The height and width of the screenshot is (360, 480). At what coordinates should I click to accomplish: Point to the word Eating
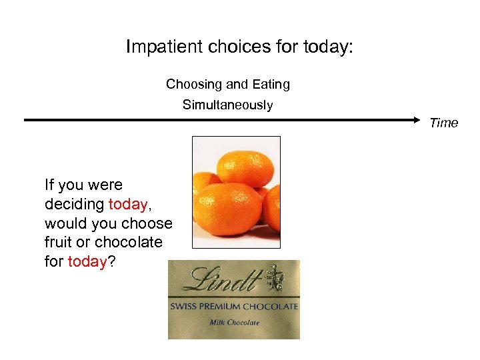tap(271, 85)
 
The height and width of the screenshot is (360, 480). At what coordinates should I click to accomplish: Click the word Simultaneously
tap(228, 105)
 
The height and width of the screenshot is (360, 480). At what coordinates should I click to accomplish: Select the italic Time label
tap(444, 123)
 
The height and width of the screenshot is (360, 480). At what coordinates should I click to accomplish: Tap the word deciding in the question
tap(74, 204)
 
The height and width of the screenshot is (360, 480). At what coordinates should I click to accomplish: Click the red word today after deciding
tap(127, 204)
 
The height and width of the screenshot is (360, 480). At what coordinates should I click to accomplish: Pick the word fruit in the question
tap(59, 242)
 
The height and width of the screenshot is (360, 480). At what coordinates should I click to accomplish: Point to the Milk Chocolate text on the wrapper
tap(234, 323)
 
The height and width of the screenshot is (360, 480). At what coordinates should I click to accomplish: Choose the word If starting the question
tap(49, 185)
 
